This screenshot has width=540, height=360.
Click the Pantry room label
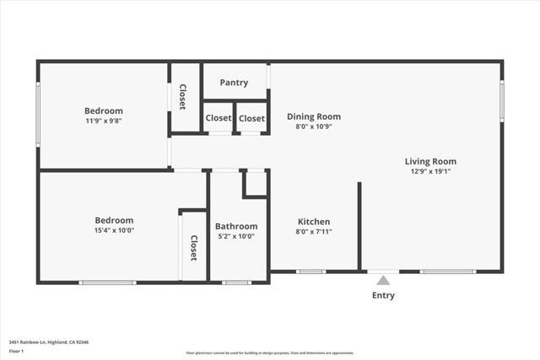click(234, 83)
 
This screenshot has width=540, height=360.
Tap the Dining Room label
click(314, 116)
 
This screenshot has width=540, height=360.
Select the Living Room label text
click(430, 161)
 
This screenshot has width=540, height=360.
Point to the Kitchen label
click(313, 222)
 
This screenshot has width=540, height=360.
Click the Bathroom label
click(236, 226)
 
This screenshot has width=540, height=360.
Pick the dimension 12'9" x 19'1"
click(430, 171)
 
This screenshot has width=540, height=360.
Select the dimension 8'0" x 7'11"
click(313, 232)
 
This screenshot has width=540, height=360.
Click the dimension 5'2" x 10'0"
click(236, 236)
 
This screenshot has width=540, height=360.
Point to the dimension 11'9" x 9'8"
click(104, 121)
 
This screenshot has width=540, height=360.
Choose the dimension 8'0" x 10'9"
click(314, 126)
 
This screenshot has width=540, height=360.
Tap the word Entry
click(383, 295)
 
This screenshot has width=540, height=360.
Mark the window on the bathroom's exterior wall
click(236, 282)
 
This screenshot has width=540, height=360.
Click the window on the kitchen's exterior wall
click(311, 271)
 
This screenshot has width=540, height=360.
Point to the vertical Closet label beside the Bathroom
click(193, 247)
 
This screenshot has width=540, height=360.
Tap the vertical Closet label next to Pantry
click(182, 96)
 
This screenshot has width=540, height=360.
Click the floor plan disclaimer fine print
click(269, 353)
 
